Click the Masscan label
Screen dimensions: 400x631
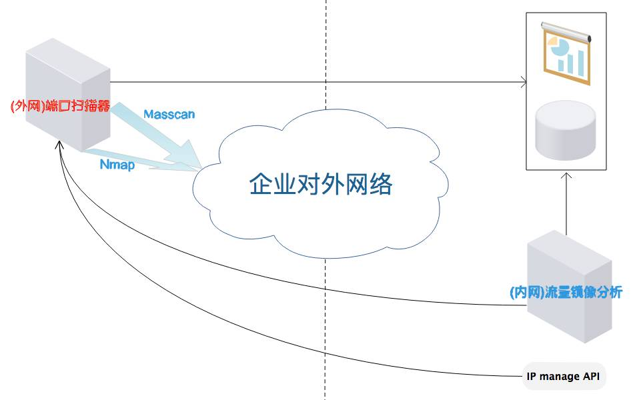[x=169, y=114]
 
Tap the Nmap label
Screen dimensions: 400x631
[x=117, y=164]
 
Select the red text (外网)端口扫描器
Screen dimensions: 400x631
[x=60, y=107]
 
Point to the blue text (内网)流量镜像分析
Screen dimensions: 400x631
[x=565, y=292]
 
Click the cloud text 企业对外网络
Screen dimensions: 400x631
[x=321, y=184]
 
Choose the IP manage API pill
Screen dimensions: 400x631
[x=564, y=377]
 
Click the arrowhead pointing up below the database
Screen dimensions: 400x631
[x=567, y=177]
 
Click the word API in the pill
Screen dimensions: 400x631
[x=591, y=377]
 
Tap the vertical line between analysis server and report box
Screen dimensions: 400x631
[x=567, y=207]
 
